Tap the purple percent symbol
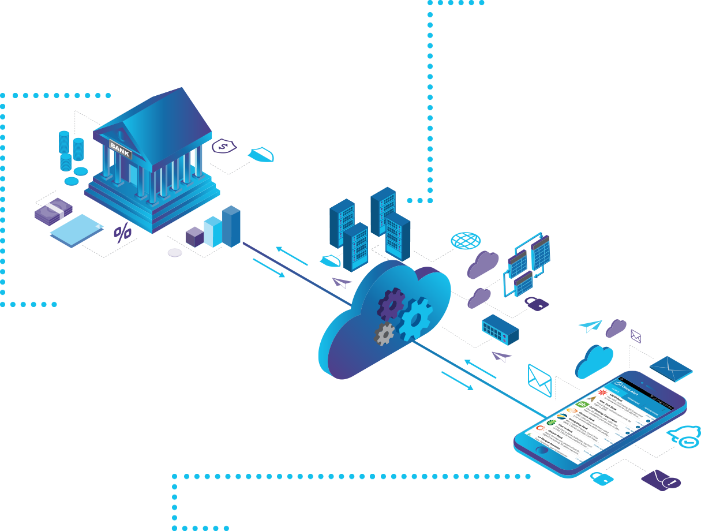122,233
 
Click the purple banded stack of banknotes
54,212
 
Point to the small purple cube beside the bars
194,237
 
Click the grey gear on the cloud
385,334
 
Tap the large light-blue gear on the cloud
416,319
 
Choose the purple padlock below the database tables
536,303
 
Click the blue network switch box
500,330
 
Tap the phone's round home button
541,449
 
